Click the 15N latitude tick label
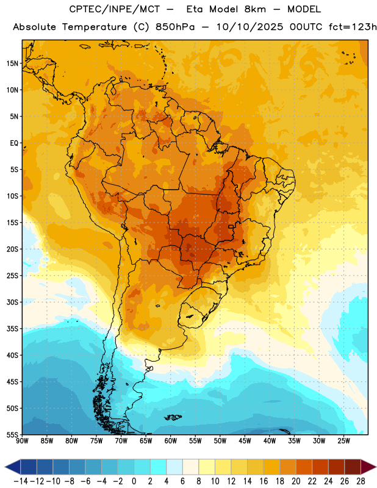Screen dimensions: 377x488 coord(12,63)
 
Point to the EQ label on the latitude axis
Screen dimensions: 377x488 coord(14,143)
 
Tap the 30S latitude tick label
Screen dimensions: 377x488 coord(12,302)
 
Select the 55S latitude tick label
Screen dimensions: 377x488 coord(12,435)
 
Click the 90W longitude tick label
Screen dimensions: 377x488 coord(22,440)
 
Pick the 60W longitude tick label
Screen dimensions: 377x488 coord(171,440)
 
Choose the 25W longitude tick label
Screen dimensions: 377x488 coord(343,440)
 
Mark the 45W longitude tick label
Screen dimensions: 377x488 coord(245,440)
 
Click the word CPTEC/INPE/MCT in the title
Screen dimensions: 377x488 coord(115,9)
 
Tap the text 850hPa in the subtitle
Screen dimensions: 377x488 coord(175,27)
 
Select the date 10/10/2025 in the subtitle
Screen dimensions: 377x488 coord(250,27)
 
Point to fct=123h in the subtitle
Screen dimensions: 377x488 coord(353,27)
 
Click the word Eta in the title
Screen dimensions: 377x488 coord(195,9)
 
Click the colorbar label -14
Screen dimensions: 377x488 coord(21,481)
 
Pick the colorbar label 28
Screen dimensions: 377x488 coord(361,481)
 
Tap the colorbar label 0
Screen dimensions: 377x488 coord(134,481)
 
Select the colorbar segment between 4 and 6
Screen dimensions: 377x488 coord(174,467)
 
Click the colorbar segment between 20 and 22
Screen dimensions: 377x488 coord(304,467)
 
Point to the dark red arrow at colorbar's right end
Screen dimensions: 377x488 coord(368,467)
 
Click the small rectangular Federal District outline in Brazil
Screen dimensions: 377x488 coord(231,227)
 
